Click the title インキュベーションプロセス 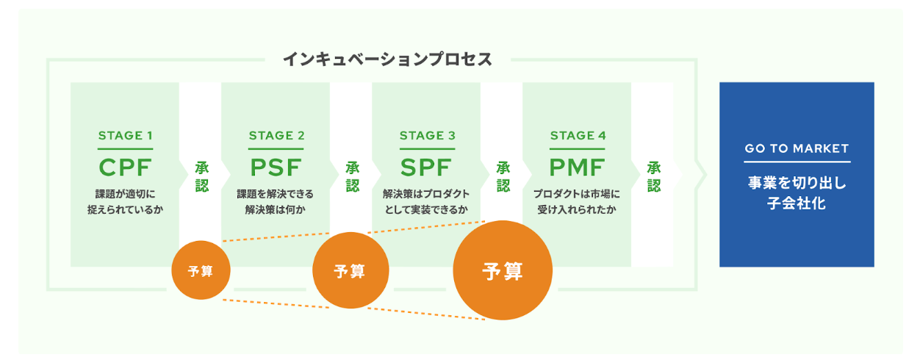click(x=387, y=60)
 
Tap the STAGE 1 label click(x=125, y=136)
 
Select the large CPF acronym click(x=125, y=168)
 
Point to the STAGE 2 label click(x=276, y=136)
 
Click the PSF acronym click(x=276, y=168)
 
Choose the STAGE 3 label click(x=427, y=136)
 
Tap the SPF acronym click(x=427, y=168)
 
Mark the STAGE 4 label click(x=578, y=136)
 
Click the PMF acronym click(x=578, y=168)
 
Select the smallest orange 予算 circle click(x=201, y=271)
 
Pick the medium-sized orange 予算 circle click(x=350, y=271)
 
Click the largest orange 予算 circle click(x=503, y=271)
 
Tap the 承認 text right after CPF click(x=201, y=177)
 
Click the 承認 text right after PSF click(x=352, y=177)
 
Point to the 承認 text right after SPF click(x=503, y=177)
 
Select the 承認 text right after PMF click(x=654, y=177)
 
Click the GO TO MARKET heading click(x=797, y=148)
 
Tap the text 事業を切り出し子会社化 click(x=797, y=193)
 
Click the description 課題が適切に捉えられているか click(x=125, y=202)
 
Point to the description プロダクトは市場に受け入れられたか click(x=578, y=202)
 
